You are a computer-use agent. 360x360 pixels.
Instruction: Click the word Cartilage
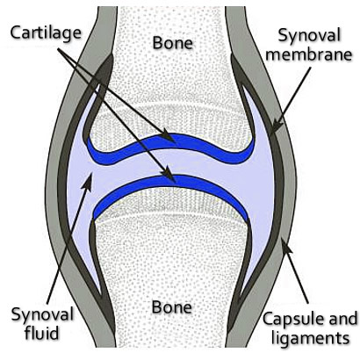[x=46, y=33]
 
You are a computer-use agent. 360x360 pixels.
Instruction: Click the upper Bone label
[x=173, y=43]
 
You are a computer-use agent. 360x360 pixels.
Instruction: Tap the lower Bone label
[x=172, y=307]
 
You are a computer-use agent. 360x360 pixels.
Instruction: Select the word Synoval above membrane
[x=309, y=36]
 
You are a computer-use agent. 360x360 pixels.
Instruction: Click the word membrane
[x=309, y=54]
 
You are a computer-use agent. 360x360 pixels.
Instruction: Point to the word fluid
[x=42, y=333]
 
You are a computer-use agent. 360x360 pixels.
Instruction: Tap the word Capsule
[x=295, y=320]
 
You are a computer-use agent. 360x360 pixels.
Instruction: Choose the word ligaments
[x=311, y=338]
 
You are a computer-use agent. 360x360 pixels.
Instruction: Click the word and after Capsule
[x=345, y=319]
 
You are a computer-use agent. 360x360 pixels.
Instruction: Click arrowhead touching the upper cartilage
[x=169, y=136]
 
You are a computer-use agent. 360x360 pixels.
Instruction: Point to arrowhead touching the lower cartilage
[x=169, y=175]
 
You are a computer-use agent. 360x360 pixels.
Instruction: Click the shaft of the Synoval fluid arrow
[x=68, y=243]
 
